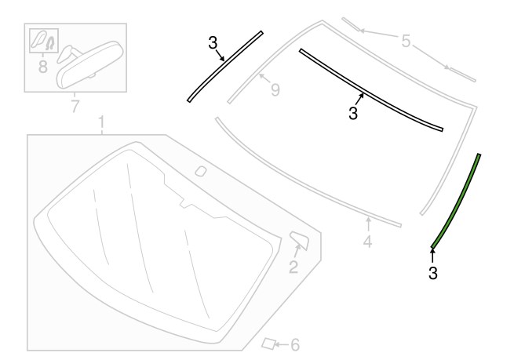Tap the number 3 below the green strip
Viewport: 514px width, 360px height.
[433, 273]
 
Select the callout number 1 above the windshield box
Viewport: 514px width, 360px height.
[101, 122]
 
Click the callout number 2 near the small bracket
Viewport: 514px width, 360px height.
[293, 267]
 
